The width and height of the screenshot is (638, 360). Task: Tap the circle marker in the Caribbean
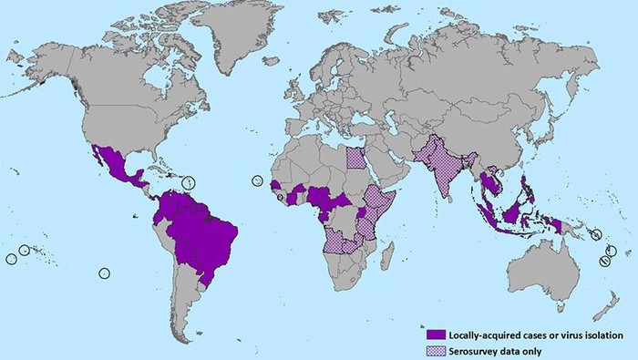tap(189, 181)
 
